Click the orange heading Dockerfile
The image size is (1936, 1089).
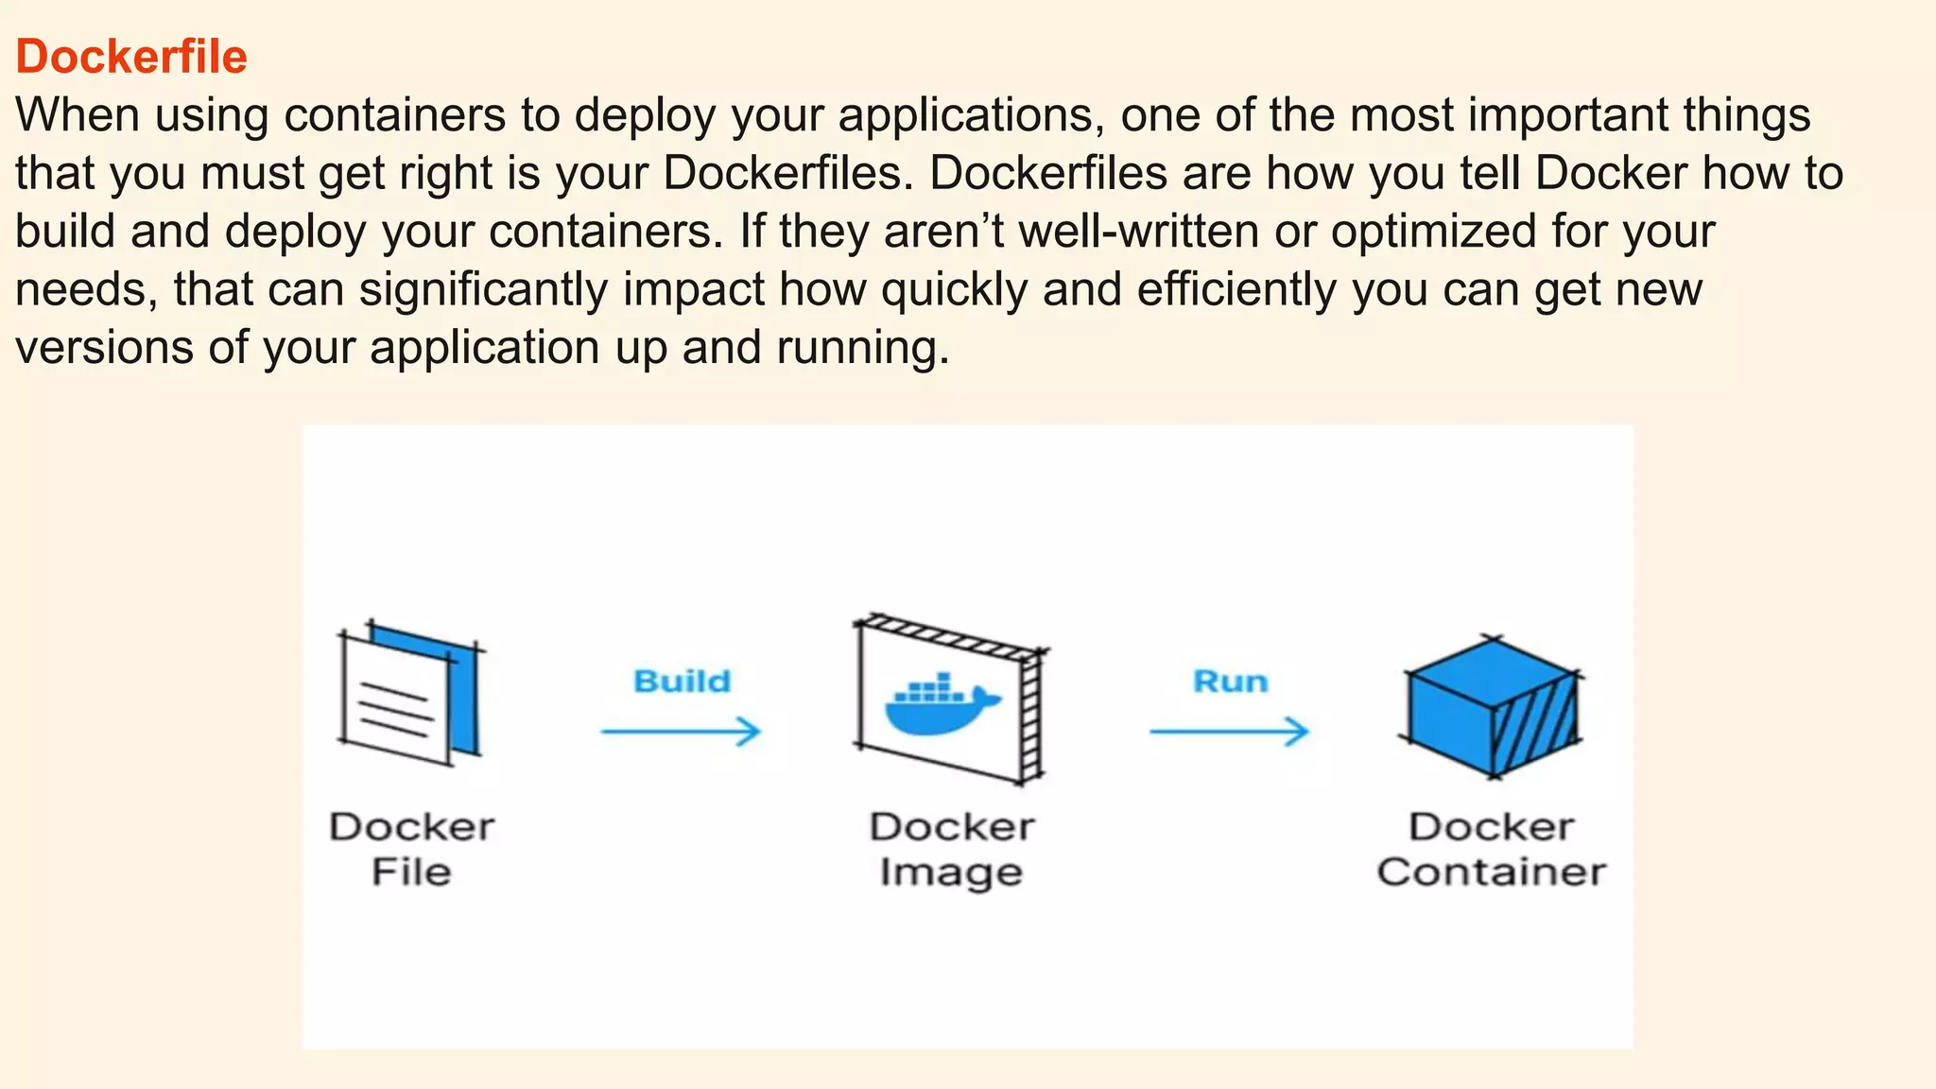coord(131,57)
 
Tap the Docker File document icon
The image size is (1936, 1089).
coord(408,695)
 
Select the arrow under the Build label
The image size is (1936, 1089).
coord(681,731)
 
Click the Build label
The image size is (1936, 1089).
coord(682,682)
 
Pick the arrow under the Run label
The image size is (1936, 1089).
coord(1229,731)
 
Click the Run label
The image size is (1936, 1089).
coord(1230,682)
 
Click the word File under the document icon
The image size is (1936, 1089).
coord(411,872)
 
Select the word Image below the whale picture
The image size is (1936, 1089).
coord(951,873)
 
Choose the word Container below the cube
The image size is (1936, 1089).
coord(1491,872)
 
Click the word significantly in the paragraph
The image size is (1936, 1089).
coord(483,290)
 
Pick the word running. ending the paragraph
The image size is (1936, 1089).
coord(862,349)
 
